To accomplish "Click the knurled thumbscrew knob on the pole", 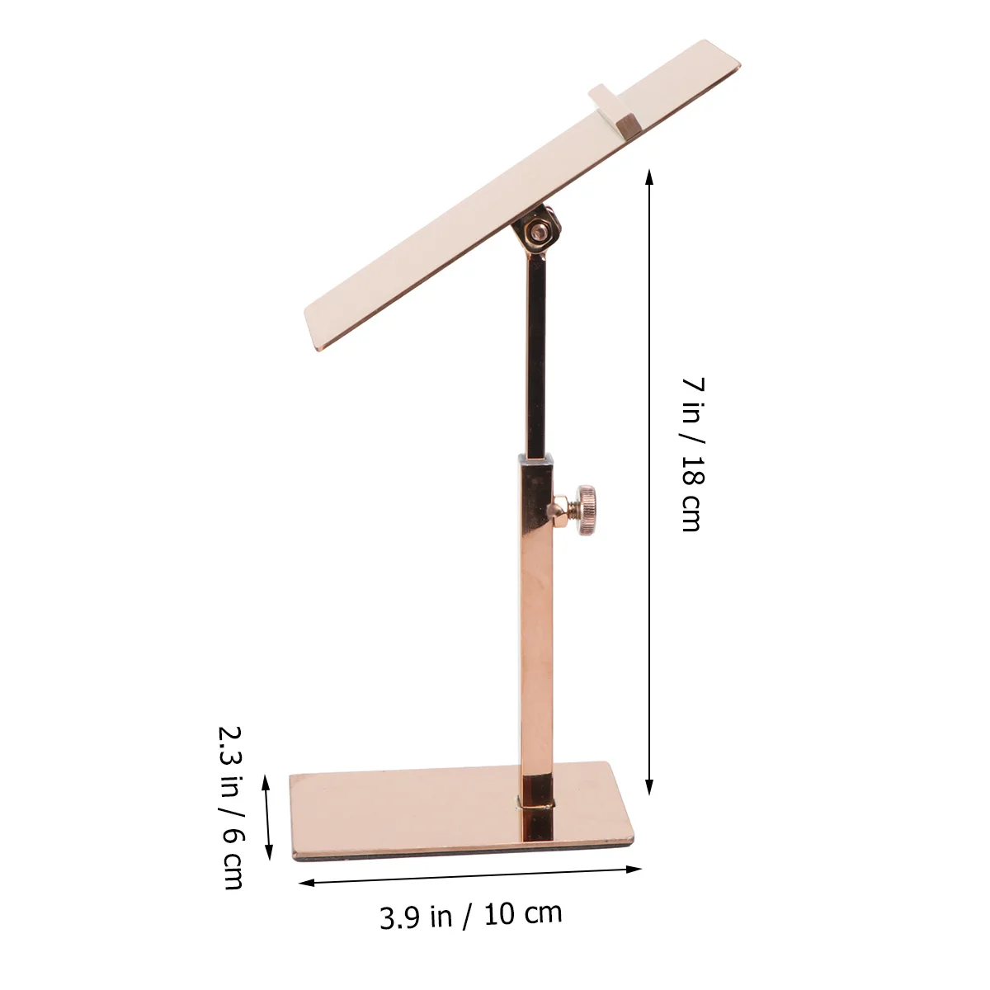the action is click(587, 510).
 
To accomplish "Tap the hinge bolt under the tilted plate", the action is click(539, 231).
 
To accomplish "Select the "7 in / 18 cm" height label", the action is click(693, 454).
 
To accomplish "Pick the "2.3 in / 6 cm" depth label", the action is click(230, 808).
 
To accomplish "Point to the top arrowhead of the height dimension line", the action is click(649, 177).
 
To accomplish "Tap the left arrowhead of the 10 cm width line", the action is click(307, 883).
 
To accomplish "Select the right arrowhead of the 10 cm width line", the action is click(634, 870).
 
